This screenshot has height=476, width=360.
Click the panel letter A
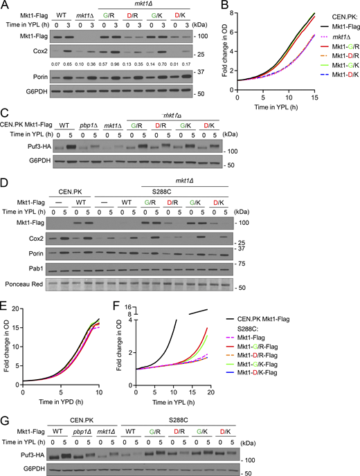point(6,6)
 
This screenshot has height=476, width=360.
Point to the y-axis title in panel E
point(6,367)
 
